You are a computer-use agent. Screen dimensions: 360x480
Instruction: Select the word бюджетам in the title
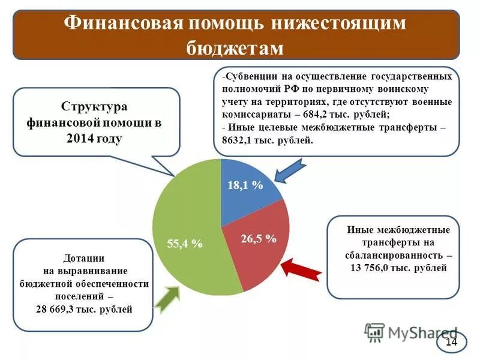[235, 48]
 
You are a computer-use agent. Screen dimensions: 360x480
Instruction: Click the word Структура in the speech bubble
[94, 106]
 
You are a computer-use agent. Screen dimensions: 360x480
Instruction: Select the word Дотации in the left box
[84, 258]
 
